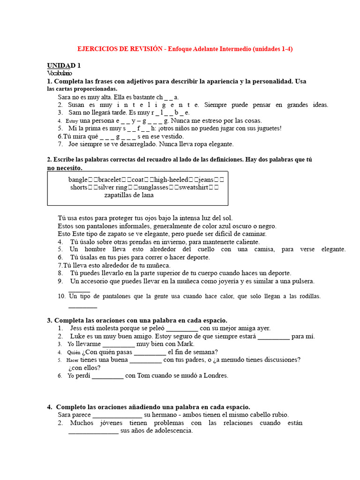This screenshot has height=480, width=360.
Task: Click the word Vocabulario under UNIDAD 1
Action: [60, 73]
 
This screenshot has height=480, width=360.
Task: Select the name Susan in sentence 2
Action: [76, 105]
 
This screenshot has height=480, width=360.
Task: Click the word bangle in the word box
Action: [78, 180]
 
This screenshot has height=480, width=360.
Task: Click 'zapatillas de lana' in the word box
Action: [129, 195]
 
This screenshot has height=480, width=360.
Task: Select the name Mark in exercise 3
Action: [186, 344]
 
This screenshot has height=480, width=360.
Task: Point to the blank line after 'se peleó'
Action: [182, 329]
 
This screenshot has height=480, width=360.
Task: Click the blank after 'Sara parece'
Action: [117, 415]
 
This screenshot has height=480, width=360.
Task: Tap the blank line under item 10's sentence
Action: [82, 307]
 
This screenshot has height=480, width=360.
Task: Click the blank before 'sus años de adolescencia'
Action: [93, 431]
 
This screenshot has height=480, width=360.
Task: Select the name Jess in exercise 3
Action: [76, 328]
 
